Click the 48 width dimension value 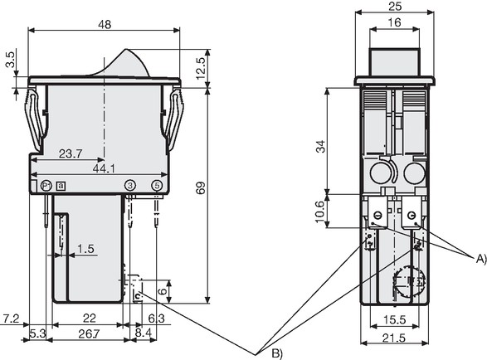point(105,25)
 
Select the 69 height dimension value point(201,188)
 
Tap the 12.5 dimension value point(201,68)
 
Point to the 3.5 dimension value point(11,60)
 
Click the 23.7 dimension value point(71,153)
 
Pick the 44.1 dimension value point(104,168)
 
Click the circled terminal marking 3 point(130,186)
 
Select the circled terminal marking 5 point(157,186)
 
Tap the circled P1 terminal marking point(46,186)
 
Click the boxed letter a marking point(61,186)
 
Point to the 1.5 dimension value point(85,249)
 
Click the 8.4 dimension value point(144,333)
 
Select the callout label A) point(481,259)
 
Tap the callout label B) point(277,353)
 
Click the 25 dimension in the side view point(395,7)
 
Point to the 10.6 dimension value point(319,212)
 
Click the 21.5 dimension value point(394,338)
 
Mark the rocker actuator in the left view point(124,65)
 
